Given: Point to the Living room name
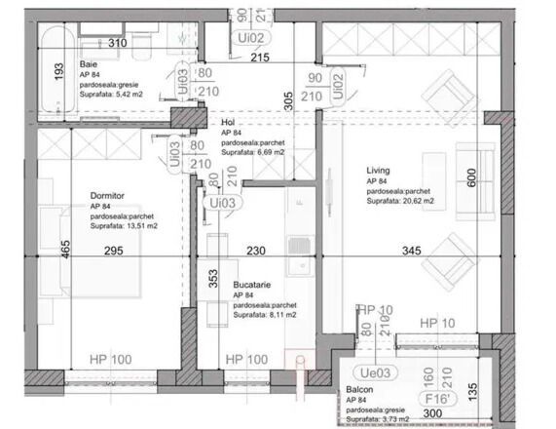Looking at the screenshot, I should point(380,170).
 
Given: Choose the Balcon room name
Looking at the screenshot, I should point(360,389).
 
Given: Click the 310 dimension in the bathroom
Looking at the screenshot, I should point(117,44).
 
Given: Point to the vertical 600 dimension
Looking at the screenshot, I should point(471,178).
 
